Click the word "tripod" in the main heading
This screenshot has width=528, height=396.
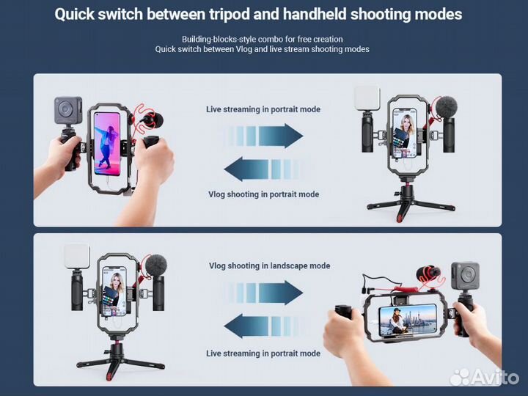(229, 15)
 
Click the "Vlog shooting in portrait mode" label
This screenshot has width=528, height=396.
(264, 194)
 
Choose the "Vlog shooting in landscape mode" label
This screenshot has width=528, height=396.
(269, 265)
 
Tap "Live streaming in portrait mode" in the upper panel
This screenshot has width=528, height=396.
(263, 109)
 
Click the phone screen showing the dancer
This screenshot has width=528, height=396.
(107, 144)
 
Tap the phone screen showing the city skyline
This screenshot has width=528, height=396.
(408, 320)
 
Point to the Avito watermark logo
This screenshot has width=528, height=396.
(484, 377)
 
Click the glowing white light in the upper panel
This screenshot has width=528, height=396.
(367, 98)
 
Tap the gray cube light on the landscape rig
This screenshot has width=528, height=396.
(465, 276)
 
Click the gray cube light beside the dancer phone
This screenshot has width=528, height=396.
(68, 111)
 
